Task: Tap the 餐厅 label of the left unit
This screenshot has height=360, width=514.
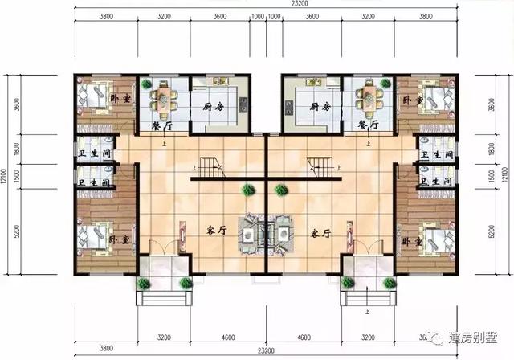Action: click(162, 126)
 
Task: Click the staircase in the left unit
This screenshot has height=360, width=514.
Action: click(210, 168)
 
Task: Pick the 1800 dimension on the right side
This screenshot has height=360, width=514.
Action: click(492, 149)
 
